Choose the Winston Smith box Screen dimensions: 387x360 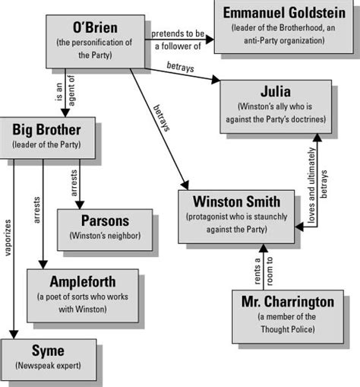point(236,215)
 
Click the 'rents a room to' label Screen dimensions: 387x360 point(256,268)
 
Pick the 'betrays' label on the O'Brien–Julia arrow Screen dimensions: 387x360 point(180,70)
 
